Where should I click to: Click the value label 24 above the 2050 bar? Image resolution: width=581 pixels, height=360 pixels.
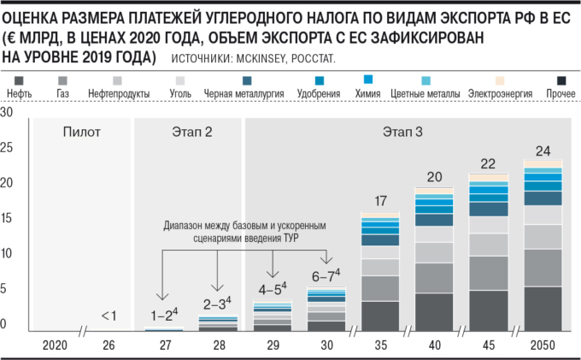[x=542, y=150]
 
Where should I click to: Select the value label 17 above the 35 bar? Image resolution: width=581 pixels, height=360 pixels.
[x=380, y=202]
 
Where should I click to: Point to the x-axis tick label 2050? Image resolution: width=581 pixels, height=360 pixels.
[x=542, y=345]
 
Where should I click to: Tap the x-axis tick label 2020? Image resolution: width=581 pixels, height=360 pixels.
[x=54, y=345]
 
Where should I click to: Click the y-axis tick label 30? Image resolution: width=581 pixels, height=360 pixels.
[x=8, y=113]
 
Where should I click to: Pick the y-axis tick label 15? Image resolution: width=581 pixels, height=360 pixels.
[x=8, y=219]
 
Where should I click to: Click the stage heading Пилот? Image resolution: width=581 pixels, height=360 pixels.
[x=82, y=132]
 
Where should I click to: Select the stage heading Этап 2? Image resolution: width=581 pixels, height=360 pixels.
[x=190, y=132]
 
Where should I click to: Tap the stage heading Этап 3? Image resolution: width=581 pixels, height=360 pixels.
[x=402, y=132]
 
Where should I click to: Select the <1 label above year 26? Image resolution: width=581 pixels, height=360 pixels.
[x=109, y=316]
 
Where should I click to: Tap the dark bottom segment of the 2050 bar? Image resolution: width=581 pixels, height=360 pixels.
[x=542, y=309]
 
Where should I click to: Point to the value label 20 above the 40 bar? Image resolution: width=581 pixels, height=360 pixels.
[x=434, y=178]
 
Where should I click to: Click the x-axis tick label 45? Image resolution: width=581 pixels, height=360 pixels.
[x=488, y=345]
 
